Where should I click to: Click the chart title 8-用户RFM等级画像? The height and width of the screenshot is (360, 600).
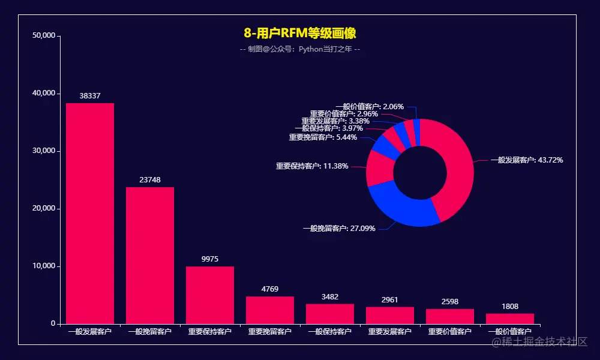(x=300, y=33)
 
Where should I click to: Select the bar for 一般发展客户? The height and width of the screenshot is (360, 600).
(x=90, y=213)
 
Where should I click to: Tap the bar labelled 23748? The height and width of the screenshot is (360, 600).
(x=150, y=255)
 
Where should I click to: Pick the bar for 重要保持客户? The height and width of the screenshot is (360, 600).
(x=210, y=295)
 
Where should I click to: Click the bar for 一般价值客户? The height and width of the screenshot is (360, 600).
(x=510, y=319)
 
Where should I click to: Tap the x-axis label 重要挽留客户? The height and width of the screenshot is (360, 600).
(x=270, y=332)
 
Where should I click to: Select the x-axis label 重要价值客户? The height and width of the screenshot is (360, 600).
(x=450, y=332)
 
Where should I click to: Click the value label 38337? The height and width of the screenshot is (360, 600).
(x=90, y=96)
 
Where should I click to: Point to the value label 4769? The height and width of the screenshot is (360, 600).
(x=270, y=289)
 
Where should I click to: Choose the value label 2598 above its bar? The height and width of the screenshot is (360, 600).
(x=450, y=301)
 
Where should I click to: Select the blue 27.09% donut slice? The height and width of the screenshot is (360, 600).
(x=402, y=207)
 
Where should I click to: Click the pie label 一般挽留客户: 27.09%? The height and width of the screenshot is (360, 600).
(x=339, y=229)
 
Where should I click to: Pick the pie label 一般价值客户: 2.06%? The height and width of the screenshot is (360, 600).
(x=370, y=107)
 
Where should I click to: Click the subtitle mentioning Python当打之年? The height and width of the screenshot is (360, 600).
(x=300, y=49)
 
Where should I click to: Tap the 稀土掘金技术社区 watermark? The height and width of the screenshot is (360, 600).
(x=540, y=342)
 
